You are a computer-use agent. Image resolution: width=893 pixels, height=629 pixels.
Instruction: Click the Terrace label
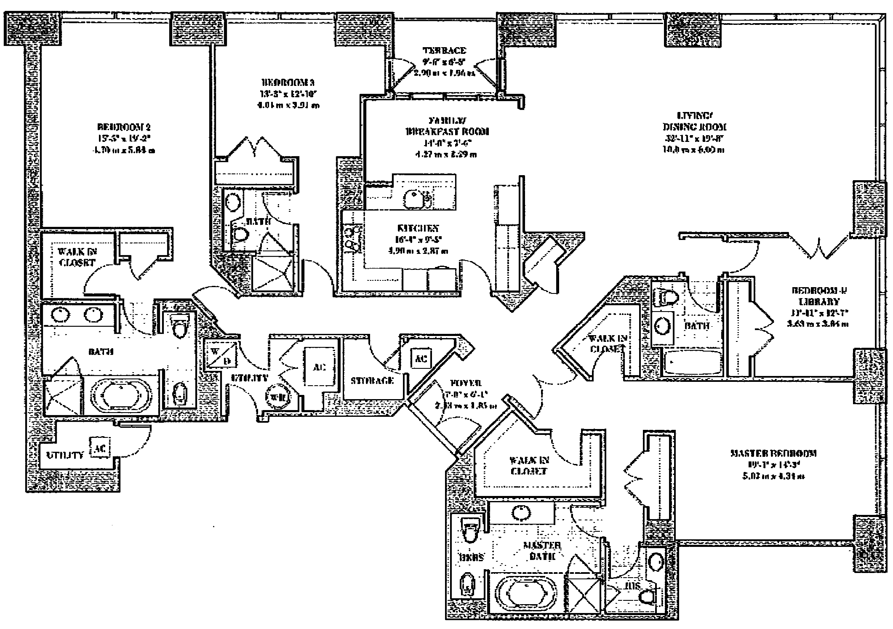pyautogui.click(x=444, y=51)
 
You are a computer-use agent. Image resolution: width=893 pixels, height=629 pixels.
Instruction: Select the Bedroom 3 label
pyautogui.click(x=288, y=83)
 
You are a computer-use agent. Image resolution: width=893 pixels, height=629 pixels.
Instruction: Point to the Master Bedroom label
pyautogui.click(x=773, y=454)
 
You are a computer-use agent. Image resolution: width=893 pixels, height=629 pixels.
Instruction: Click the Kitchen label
pyautogui.click(x=418, y=229)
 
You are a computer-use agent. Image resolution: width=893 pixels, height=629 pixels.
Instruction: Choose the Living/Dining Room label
pyautogui.click(x=695, y=121)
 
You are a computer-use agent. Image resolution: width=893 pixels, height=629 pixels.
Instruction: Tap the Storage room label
pyautogui.click(x=372, y=381)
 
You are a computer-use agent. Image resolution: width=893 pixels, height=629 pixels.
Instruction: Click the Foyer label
pyautogui.click(x=466, y=384)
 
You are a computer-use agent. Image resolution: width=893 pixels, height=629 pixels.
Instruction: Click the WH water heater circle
pyautogui.click(x=279, y=396)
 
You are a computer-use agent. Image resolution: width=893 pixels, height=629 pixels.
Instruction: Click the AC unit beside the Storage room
pyautogui.click(x=421, y=358)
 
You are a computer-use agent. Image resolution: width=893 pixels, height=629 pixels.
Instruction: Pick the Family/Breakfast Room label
pyautogui.click(x=447, y=126)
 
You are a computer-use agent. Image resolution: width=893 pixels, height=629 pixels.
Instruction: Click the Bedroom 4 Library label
pyautogui.click(x=819, y=296)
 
